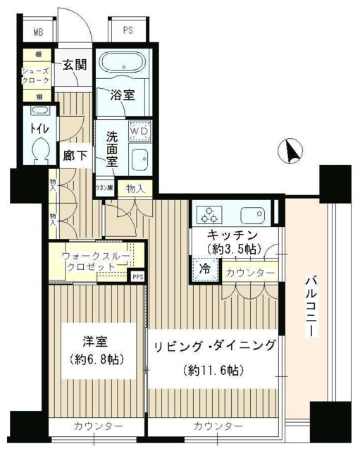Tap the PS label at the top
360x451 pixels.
click(x=128, y=30)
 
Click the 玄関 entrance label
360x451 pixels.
click(x=74, y=65)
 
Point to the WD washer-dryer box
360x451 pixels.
click(x=139, y=131)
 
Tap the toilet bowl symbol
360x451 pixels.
click(x=40, y=148)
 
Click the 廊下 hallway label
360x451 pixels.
click(x=75, y=156)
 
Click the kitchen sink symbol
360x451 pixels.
click(x=252, y=215)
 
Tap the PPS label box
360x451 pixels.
click(x=138, y=277)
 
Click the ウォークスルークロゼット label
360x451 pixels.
click(x=91, y=261)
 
